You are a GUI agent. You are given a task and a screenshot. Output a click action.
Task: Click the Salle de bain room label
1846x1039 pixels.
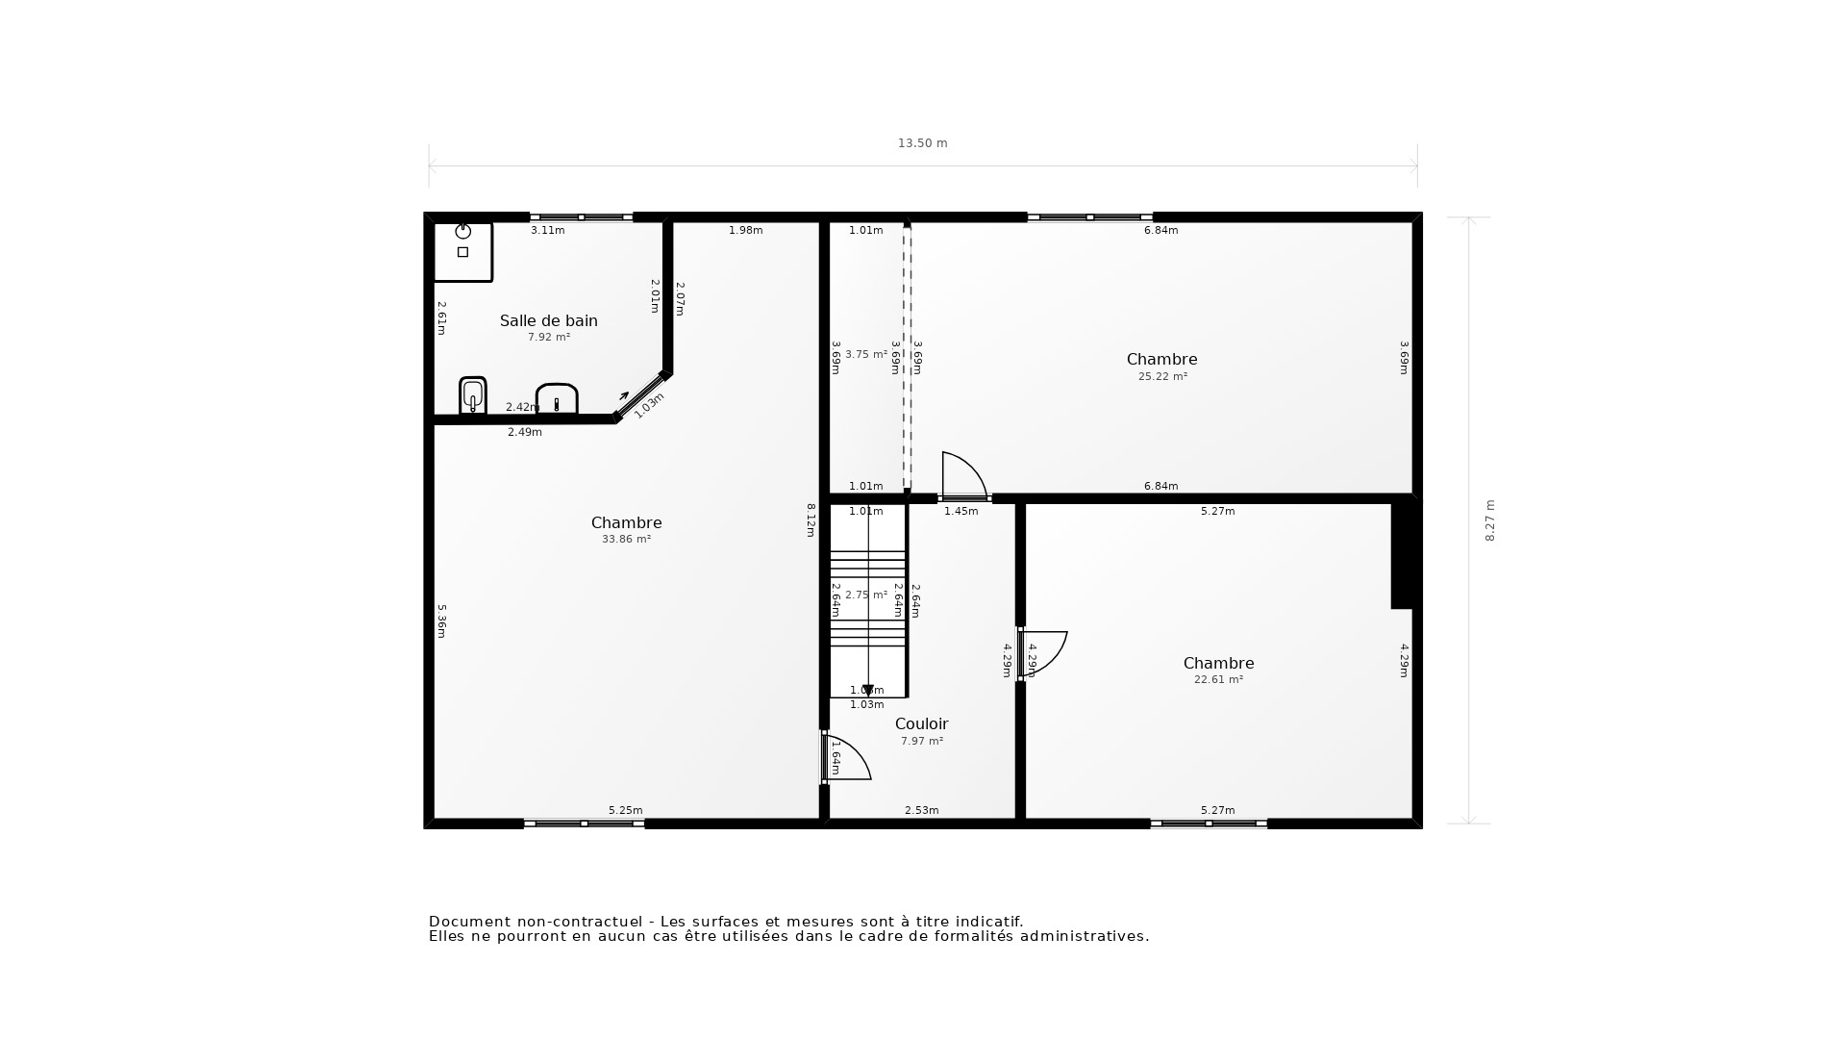(548, 320)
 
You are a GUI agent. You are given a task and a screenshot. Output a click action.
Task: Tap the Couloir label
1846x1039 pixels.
(921, 723)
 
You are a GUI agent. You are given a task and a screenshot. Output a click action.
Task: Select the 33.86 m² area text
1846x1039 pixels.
(626, 540)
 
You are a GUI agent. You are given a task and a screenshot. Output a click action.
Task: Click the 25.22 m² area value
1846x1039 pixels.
(1162, 377)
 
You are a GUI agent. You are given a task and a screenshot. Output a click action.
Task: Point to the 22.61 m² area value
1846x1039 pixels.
(1218, 679)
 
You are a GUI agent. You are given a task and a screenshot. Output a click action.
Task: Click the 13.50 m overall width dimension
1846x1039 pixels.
(922, 143)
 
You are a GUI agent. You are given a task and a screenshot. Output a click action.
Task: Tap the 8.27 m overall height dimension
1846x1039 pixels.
(1490, 519)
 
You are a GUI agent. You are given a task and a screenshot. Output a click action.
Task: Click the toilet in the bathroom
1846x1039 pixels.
(472, 394)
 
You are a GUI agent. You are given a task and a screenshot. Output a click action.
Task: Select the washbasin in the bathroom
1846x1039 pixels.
(556, 398)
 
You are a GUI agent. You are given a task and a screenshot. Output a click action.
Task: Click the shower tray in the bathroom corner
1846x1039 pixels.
(462, 251)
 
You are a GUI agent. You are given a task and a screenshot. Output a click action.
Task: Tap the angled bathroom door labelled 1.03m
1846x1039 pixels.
(640, 395)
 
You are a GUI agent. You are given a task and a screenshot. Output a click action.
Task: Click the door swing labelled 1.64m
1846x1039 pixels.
(847, 757)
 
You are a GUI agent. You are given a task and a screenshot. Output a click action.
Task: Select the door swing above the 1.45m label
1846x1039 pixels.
(962, 475)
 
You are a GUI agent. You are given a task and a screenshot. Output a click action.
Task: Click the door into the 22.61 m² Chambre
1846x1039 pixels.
(1043, 653)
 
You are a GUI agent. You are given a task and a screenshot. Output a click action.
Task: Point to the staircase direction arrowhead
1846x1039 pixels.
(867, 690)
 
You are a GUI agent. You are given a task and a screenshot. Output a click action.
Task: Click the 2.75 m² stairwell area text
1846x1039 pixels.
(865, 596)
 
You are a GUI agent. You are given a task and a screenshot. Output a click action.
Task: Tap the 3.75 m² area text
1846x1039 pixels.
(865, 354)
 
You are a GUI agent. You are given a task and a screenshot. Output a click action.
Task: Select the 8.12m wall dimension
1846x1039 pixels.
(810, 519)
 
